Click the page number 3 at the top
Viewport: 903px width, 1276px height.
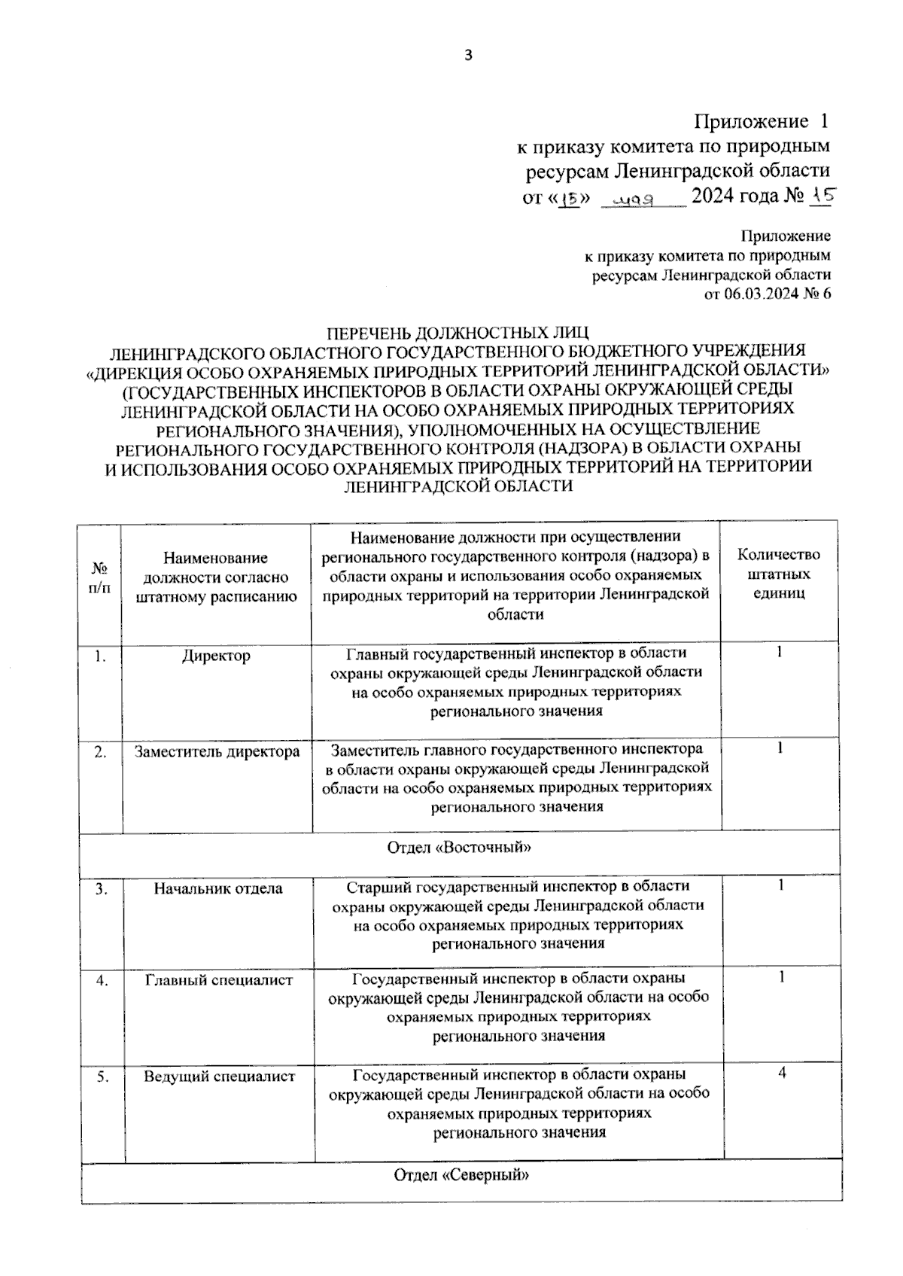pyautogui.click(x=467, y=55)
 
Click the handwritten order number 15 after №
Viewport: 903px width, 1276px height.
pyautogui.click(x=820, y=196)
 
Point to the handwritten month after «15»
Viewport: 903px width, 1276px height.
pyautogui.click(x=636, y=200)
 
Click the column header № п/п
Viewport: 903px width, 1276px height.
pyautogui.click(x=99, y=577)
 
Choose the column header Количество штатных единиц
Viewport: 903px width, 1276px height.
pyautogui.click(x=779, y=574)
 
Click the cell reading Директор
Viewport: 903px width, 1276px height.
pyautogui.click(x=216, y=656)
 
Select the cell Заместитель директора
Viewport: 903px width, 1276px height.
pyautogui.click(x=217, y=751)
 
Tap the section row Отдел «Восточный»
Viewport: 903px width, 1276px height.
pyautogui.click(x=459, y=848)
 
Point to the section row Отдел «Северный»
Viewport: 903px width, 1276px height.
pyautogui.click(x=461, y=1175)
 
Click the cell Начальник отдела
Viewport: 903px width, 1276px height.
pyautogui.click(x=218, y=888)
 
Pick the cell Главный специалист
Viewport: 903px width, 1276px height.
pyautogui.click(x=218, y=980)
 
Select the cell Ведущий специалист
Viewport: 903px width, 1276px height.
pyautogui.click(x=219, y=1077)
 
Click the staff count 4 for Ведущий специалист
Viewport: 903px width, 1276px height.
pyautogui.click(x=782, y=1073)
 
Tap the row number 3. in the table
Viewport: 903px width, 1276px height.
pyautogui.click(x=102, y=889)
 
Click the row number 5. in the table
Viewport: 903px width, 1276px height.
pyautogui.click(x=102, y=1077)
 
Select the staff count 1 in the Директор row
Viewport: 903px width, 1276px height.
pyautogui.click(x=780, y=652)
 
